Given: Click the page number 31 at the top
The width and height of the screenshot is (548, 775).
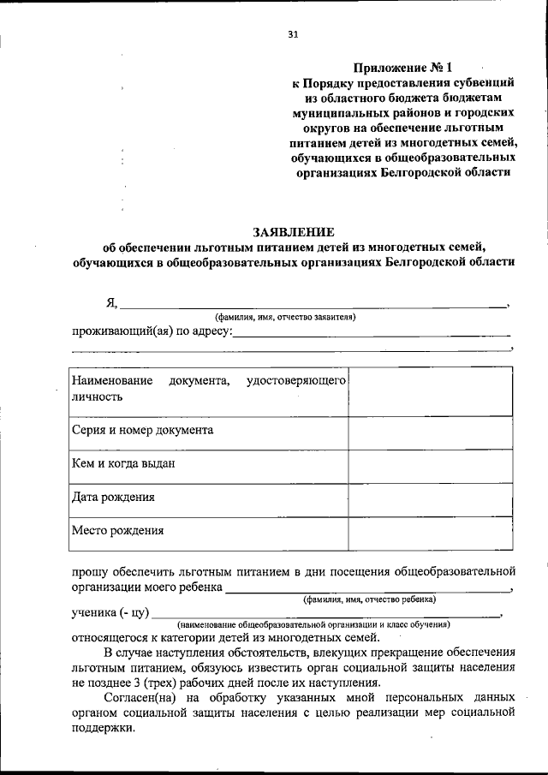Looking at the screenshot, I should click(x=294, y=35).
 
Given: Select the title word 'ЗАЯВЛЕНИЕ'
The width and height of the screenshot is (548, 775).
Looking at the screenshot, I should click(x=294, y=232).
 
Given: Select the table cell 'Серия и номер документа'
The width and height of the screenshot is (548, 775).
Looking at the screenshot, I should click(x=143, y=430).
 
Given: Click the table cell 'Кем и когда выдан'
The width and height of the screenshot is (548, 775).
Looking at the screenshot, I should click(x=124, y=463).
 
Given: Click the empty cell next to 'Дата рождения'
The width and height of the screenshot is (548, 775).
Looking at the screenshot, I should click(x=430, y=498).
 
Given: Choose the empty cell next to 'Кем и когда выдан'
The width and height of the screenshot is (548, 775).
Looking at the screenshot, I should click(x=430, y=464).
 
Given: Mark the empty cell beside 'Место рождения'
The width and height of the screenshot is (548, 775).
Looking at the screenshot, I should click(x=430, y=531).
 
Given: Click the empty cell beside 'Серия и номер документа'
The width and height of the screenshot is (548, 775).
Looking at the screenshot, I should click(x=430, y=431).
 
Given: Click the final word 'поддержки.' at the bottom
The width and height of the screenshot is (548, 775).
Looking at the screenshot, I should click(x=103, y=727).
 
